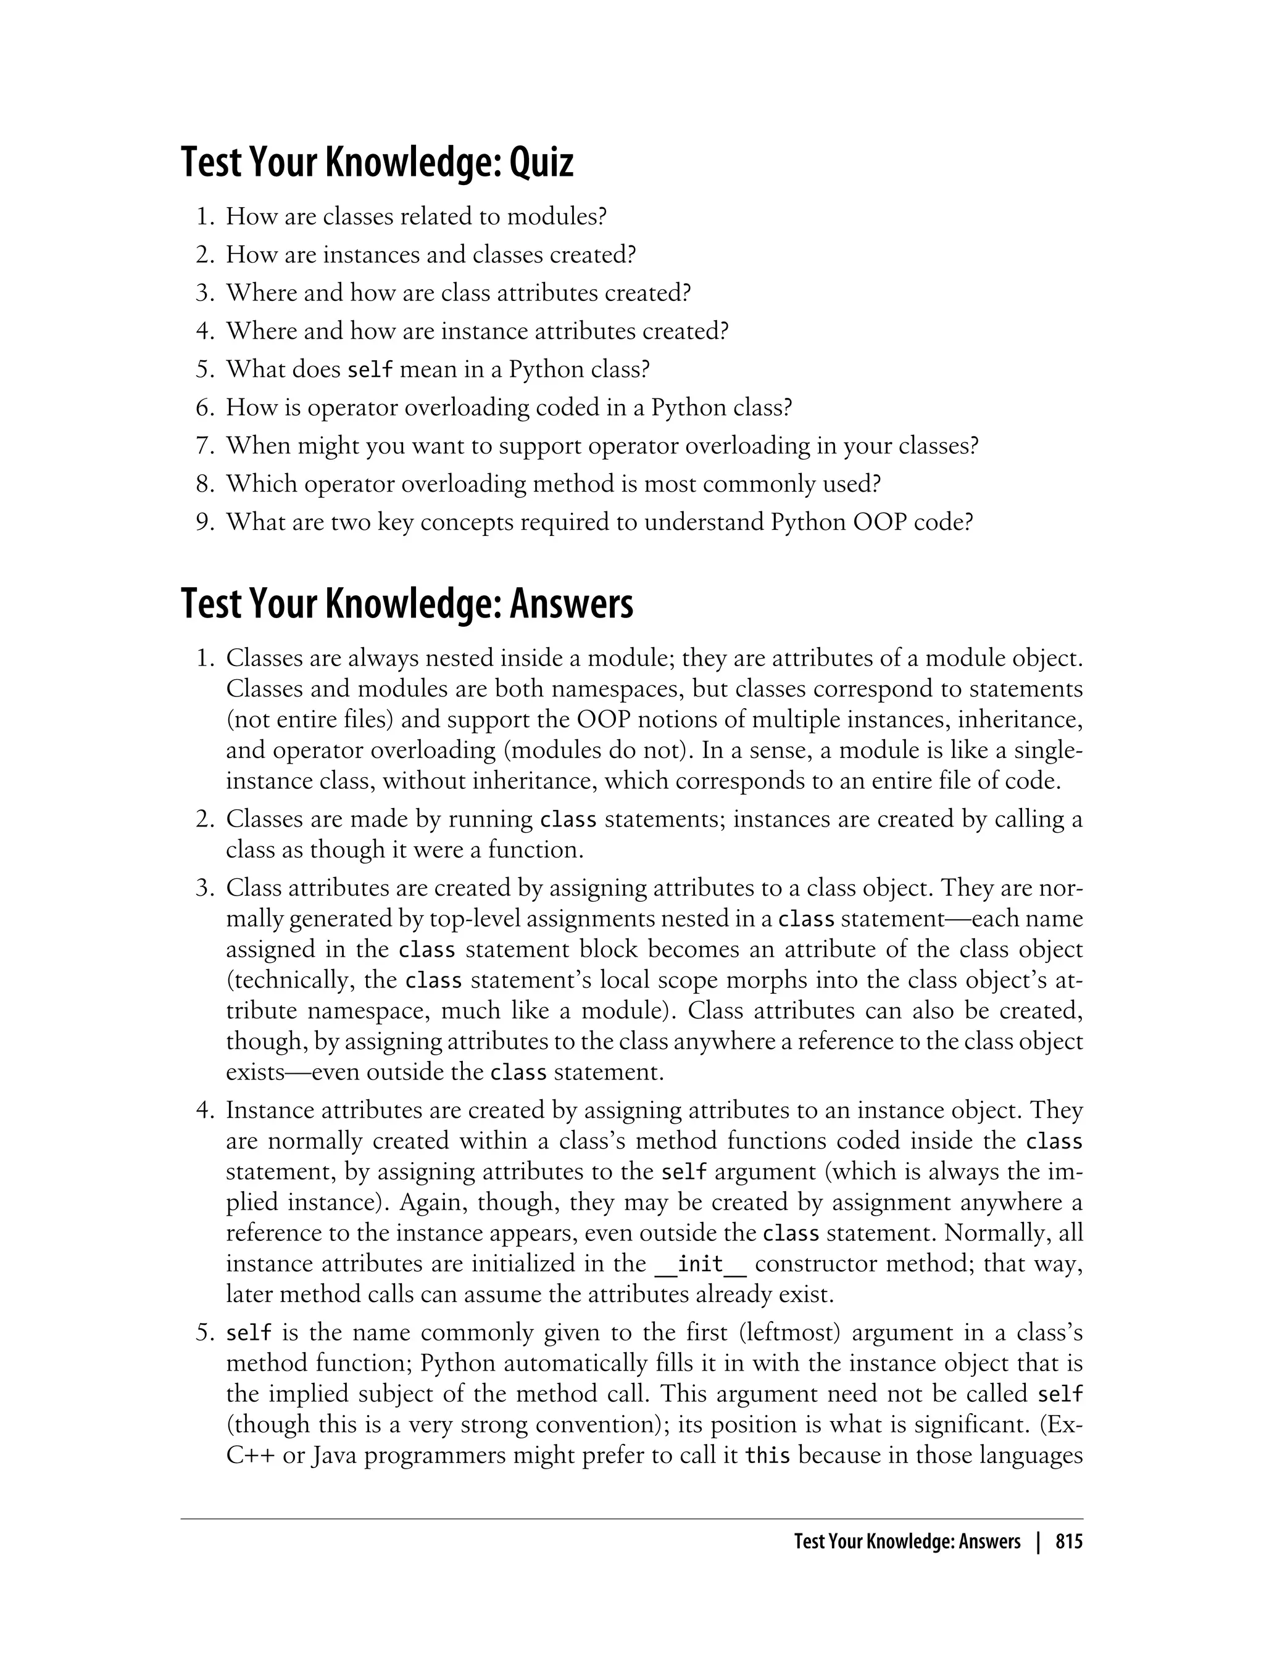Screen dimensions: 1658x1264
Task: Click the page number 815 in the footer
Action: pos(1068,1542)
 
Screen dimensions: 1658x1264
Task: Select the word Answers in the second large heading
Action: pos(571,604)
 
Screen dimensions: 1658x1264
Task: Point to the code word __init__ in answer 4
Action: pos(701,1264)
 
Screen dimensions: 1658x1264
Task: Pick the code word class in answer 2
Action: pos(568,820)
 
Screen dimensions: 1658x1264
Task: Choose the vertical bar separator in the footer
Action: pos(1038,1542)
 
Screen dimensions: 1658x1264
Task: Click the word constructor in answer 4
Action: pos(815,1264)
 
